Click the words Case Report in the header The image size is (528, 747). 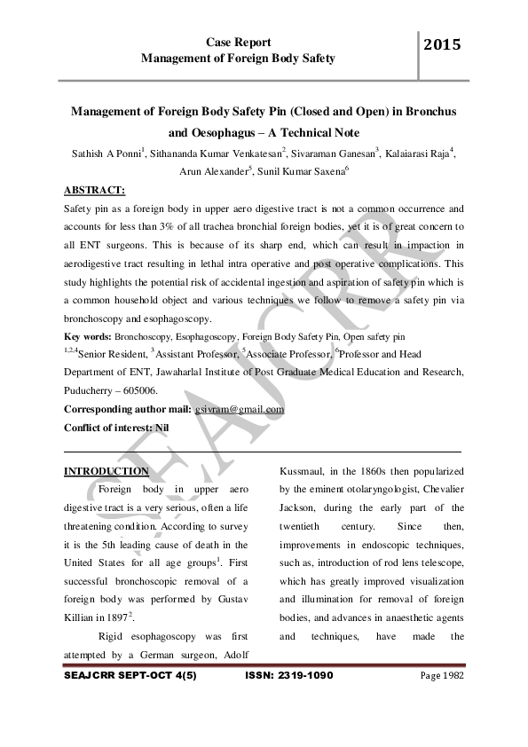[239, 42]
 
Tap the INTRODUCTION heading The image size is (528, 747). [106, 470]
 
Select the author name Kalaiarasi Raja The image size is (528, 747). [417, 153]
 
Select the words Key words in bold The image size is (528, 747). [87, 337]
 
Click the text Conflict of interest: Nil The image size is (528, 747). [116, 428]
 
